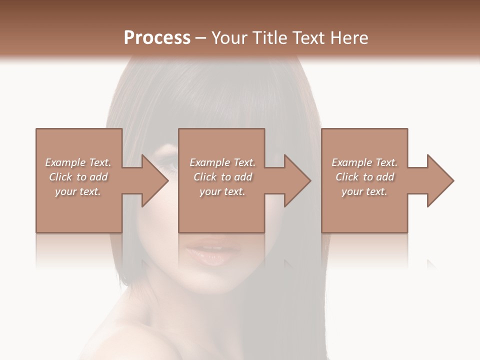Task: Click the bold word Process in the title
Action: (157, 37)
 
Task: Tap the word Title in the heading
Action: (269, 37)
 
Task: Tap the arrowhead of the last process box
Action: (440, 180)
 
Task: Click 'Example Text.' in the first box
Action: (78, 162)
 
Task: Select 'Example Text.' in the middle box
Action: (222, 162)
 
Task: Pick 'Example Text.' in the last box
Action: (364, 162)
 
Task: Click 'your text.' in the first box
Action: (78, 191)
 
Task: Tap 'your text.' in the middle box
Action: (222, 191)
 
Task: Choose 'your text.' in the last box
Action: (364, 191)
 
